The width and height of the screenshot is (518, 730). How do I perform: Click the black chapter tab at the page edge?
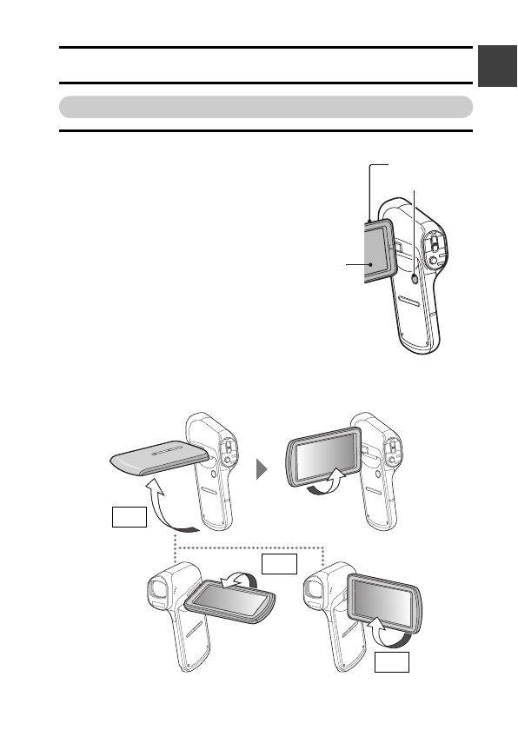[496, 64]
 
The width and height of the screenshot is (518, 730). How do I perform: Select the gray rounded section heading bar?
[265, 107]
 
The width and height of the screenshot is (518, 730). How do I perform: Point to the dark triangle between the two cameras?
[259, 470]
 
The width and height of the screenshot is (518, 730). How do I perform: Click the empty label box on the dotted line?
[278, 564]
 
